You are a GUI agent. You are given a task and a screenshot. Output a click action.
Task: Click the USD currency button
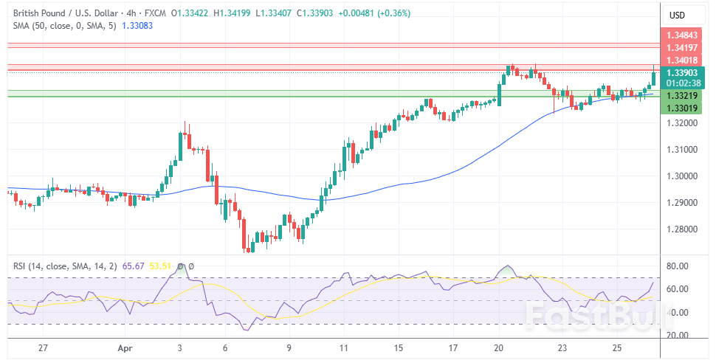click(x=677, y=15)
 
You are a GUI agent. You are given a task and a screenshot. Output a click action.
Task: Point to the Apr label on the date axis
click(x=123, y=347)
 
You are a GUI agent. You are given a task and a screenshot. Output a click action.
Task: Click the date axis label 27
click(x=43, y=347)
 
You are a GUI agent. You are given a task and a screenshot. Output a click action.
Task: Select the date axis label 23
click(x=562, y=347)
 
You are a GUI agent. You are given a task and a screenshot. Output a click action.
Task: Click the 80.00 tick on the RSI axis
click(x=677, y=266)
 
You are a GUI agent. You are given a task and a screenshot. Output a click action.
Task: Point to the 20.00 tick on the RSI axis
click(x=677, y=335)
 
